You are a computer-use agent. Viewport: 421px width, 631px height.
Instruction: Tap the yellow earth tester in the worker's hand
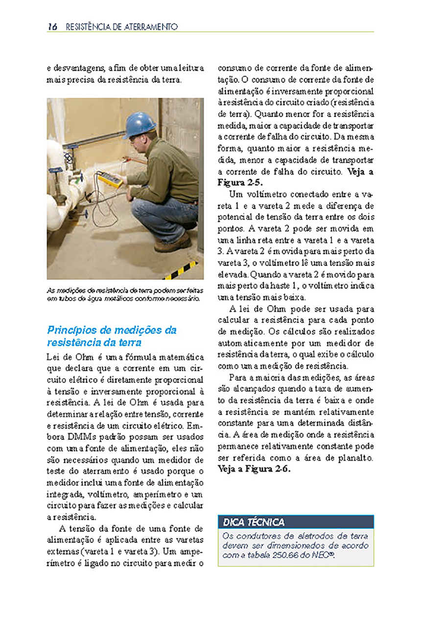[x=111, y=179]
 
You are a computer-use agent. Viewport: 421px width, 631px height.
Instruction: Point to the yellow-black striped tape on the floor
[x=181, y=272]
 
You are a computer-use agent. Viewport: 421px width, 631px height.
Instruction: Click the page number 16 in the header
[x=53, y=27]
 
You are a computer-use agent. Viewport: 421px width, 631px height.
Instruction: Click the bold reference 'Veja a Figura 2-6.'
[x=254, y=469]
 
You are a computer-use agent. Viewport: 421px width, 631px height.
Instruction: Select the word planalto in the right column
[x=357, y=458]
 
